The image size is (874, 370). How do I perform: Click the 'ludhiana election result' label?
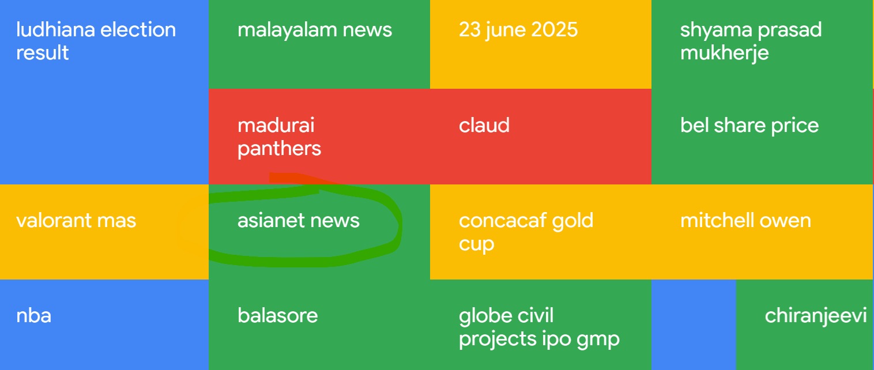(x=96, y=41)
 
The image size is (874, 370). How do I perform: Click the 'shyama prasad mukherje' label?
(x=751, y=41)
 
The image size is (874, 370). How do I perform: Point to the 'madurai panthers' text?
(x=280, y=137)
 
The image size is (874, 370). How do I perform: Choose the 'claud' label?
(x=484, y=126)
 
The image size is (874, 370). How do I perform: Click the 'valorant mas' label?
(x=76, y=221)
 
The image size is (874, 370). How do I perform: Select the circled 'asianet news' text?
(x=299, y=221)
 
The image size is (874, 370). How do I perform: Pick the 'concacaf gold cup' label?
(x=526, y=232)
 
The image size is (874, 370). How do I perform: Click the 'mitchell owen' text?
(x=745, y=221)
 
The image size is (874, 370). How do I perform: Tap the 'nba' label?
(x=33, y=316)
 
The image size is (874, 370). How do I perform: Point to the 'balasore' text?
(x=278, y=316)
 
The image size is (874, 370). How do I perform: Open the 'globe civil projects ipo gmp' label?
(x=539, y=327)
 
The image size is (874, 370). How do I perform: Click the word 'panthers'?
(x=280, y=149)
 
